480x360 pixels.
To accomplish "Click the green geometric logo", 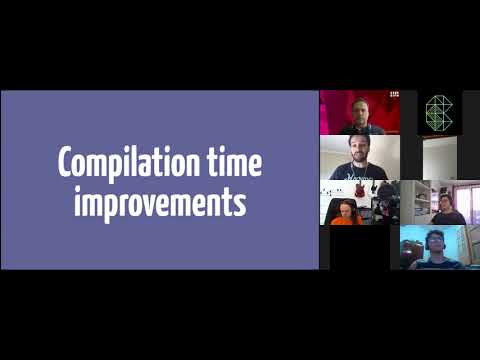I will click(x=437, y=112).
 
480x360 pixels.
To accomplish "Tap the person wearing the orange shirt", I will click(x=342, y=214).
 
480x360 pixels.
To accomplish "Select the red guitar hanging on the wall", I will click(x=358, y=189).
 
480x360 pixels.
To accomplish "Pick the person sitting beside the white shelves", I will click(x=445, y=211).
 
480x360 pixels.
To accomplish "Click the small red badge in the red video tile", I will click(x=395, y=94).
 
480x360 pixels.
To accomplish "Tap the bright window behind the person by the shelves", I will click(x=466, y=195).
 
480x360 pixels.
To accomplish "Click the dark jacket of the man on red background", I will click(x=358, y=130).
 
